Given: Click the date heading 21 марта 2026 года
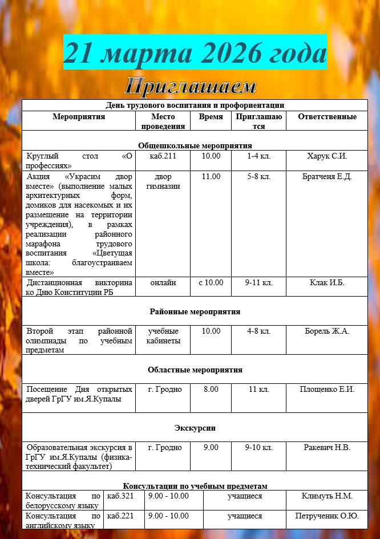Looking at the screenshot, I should tap(195, 53).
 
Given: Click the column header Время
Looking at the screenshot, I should tap(211, 117).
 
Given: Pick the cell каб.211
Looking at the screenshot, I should tap(163, 156).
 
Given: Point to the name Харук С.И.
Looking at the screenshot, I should tap(327, 156).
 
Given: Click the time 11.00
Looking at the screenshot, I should tap(211, 177).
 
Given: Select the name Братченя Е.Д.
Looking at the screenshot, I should tap(327, 177).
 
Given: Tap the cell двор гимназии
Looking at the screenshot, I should tap(163, 181).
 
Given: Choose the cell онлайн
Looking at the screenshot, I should tap(163, 283).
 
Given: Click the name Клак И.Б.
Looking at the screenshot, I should tap(327, 283).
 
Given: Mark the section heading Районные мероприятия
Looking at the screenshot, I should tap(195, 312).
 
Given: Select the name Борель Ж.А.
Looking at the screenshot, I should tap(327, 331).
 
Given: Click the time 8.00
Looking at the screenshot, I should tap(211, 390).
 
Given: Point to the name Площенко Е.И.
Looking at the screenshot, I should tap(327, 390).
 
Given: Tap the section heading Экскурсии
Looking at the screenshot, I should tap(195, 428).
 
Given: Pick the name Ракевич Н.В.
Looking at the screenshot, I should tap(327, 447).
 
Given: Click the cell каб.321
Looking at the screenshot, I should tap(120, 496).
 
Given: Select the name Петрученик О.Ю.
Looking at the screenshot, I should tap(327, 516).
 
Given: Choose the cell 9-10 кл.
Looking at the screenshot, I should tap(259, 447).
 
